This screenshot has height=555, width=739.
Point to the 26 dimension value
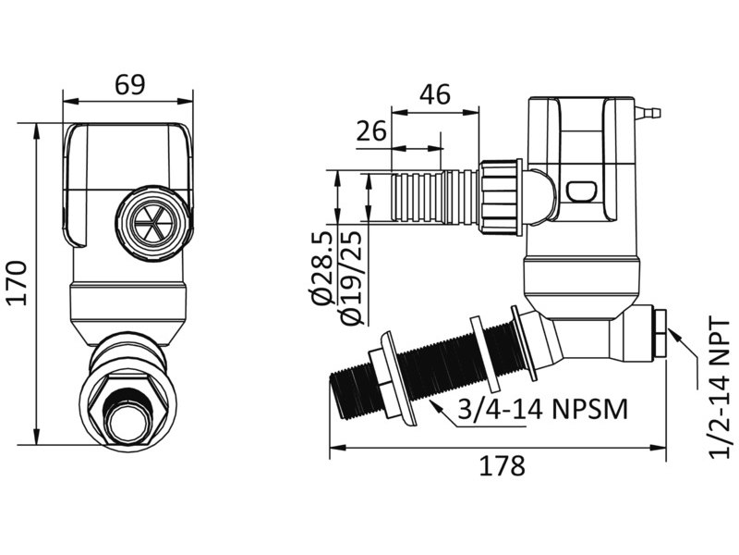point(370,130)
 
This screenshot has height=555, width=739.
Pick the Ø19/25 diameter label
point(350,277)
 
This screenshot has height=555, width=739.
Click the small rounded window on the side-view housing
point(583,191)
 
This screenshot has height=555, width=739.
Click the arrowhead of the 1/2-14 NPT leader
point(672,336)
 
